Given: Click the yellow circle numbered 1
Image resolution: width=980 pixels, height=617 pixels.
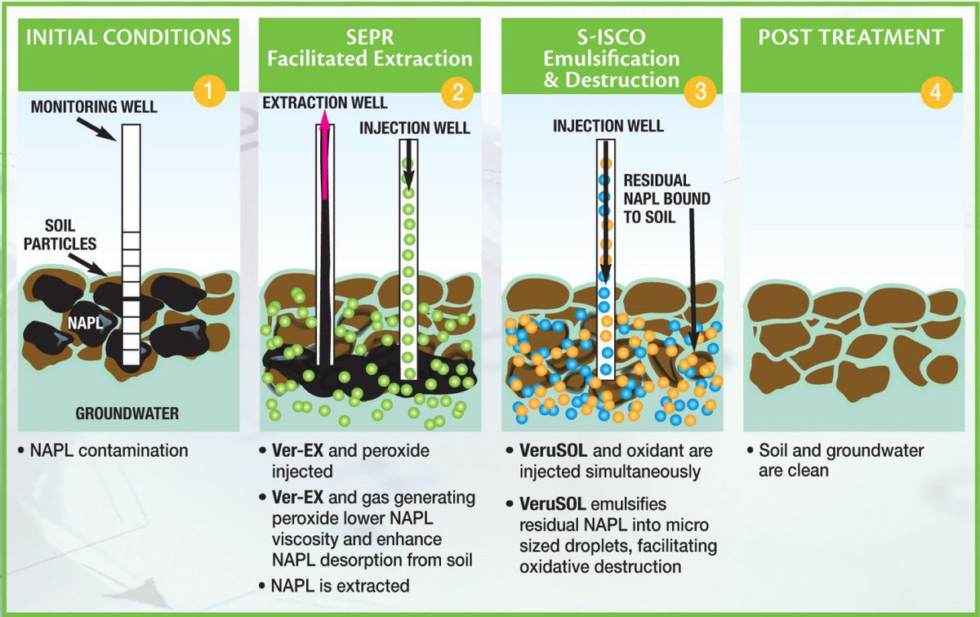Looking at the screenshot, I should point(210,92).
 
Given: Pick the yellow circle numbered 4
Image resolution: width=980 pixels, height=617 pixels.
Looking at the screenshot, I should point(936,92).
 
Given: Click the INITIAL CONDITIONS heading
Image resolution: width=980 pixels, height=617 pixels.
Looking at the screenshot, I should point(128,38).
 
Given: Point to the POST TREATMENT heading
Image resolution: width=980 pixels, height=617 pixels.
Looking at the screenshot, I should point(851,38).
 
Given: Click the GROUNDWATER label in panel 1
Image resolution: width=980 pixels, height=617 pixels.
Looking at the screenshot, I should point(127,414).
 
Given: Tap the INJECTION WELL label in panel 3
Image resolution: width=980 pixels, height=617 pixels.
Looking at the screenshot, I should point(608,127).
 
